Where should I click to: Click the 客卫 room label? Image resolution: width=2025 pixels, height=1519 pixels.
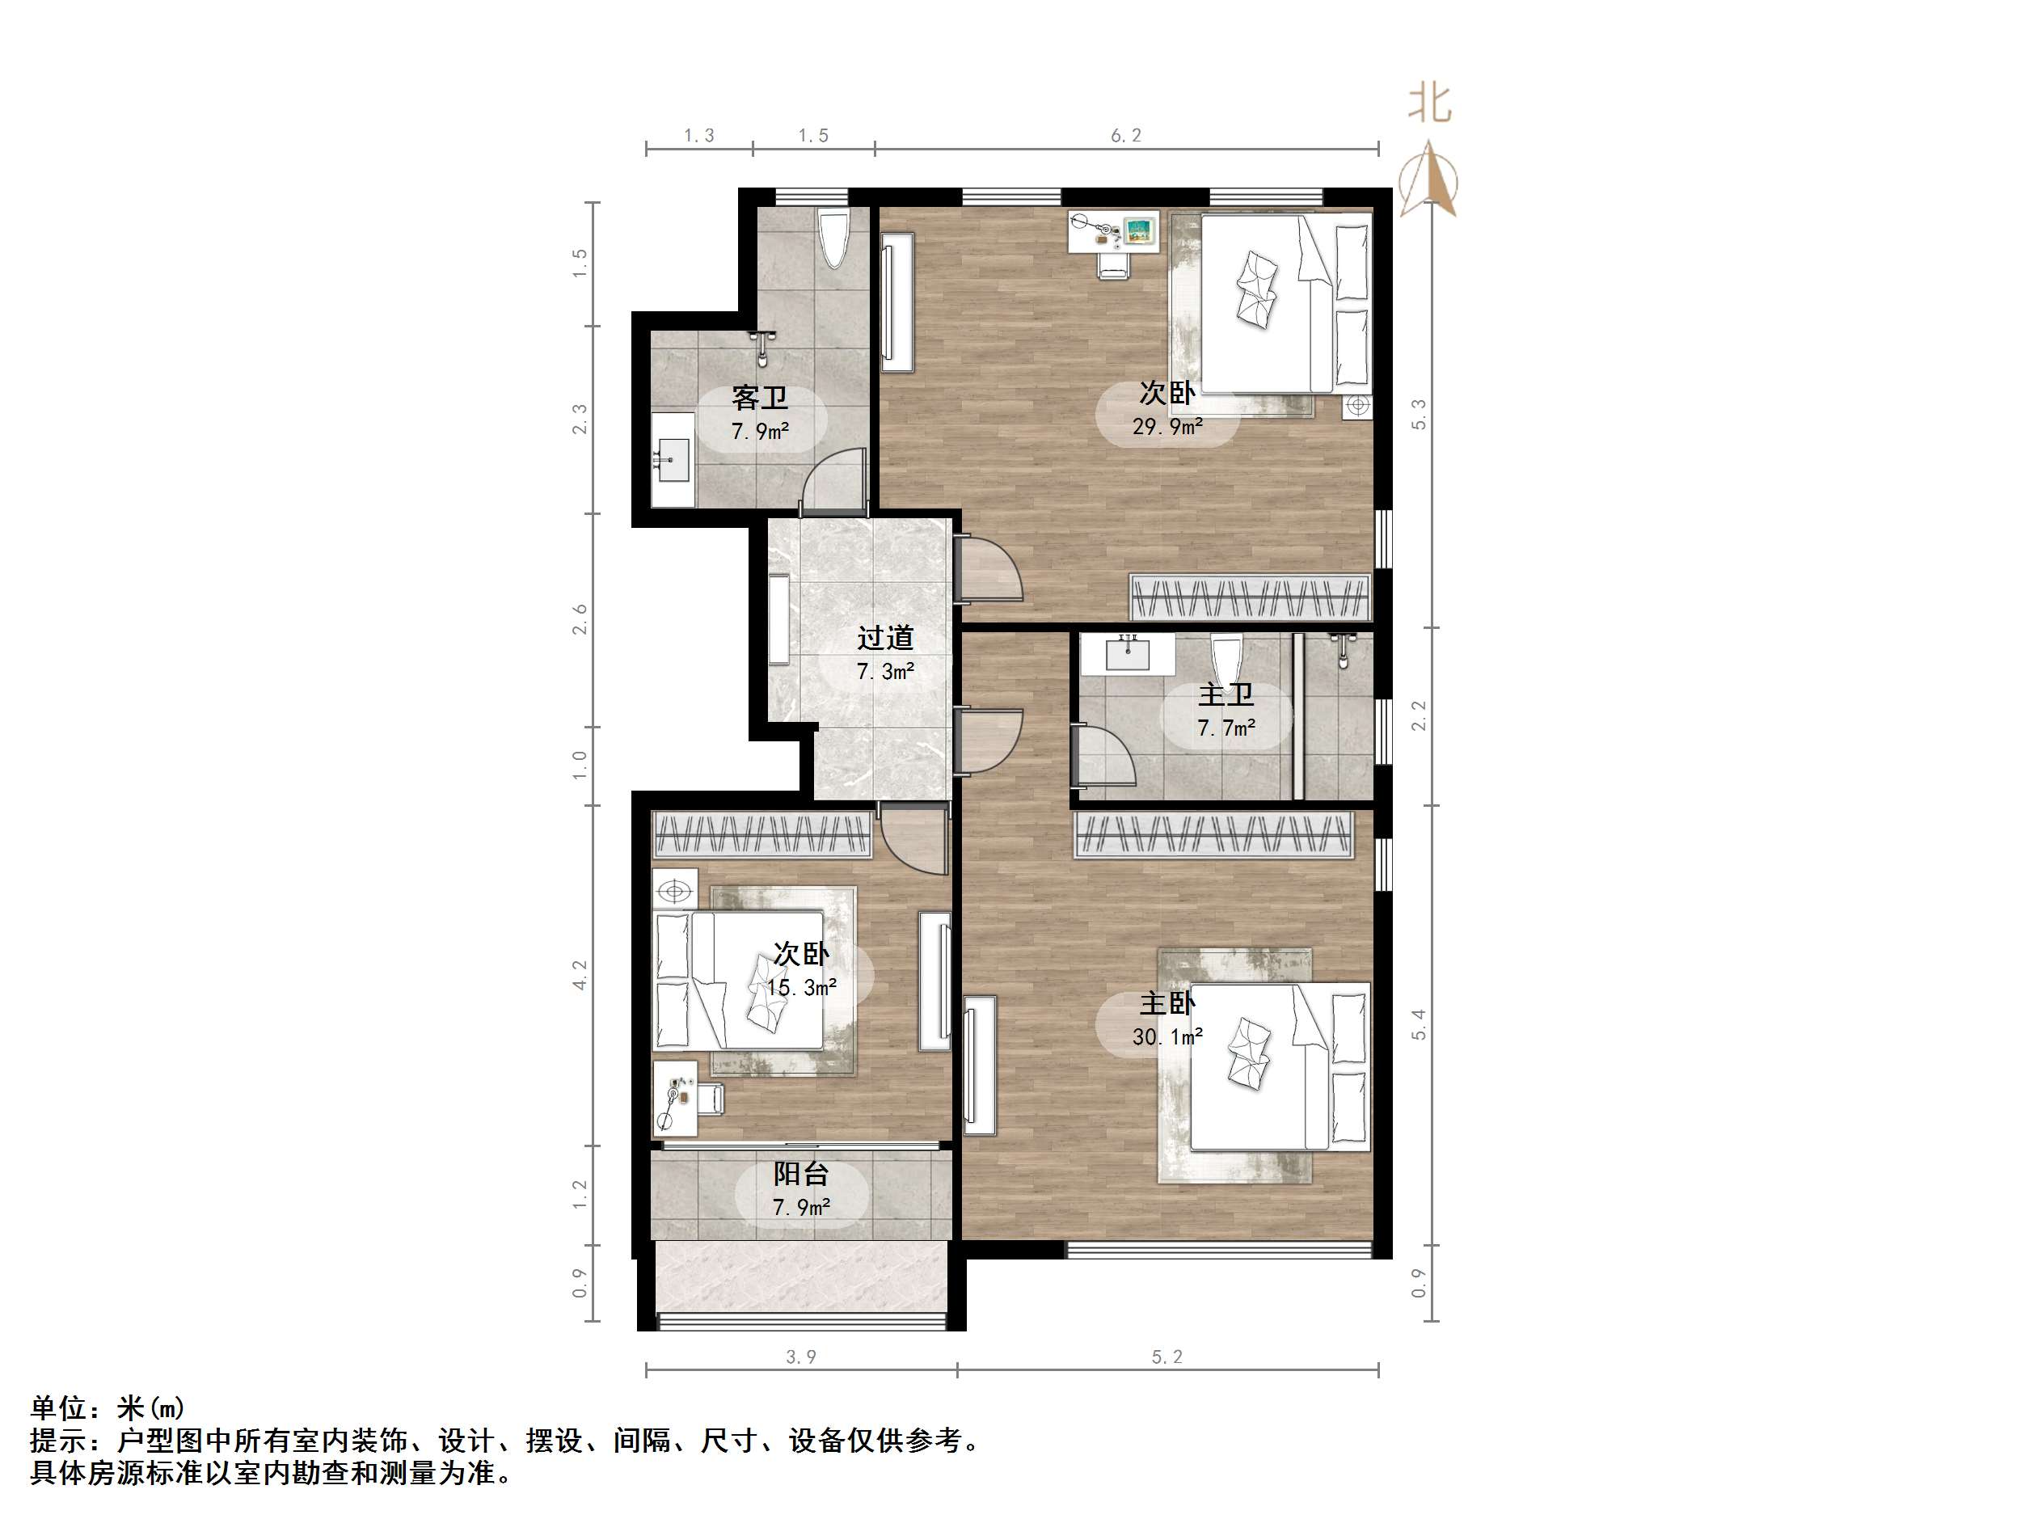point(760,399)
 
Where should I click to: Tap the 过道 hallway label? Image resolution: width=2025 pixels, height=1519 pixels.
point(885,637)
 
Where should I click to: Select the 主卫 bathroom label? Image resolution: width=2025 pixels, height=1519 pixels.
point(1226,694)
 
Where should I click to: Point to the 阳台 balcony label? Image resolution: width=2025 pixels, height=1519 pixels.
point(801,1174)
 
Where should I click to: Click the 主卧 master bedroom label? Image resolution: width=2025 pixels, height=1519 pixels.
point(1167,1003)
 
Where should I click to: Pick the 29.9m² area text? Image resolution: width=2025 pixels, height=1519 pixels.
point(1167,426)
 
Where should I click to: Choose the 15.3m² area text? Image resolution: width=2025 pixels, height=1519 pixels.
point(802,988)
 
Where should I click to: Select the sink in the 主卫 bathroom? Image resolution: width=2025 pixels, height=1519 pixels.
point(1126,654)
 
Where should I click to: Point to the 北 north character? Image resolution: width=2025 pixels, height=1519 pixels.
point(1429,103)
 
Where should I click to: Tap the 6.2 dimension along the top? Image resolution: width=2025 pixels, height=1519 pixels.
point(1126,136)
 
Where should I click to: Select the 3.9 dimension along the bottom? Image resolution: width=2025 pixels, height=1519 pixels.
point(801,1357)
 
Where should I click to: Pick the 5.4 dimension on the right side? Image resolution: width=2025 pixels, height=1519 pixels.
point(1419,1023)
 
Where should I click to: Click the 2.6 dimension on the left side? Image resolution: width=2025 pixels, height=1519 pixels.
point(580,620)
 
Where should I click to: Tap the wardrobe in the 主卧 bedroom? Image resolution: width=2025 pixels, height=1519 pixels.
point(1213,835)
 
